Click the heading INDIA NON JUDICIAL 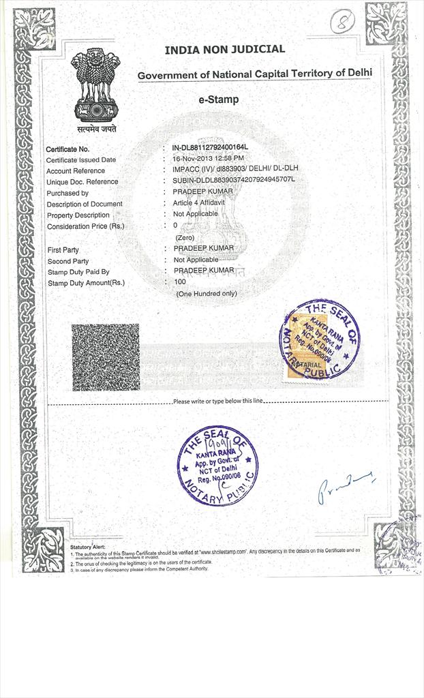(224, 50)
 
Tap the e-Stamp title (218, 100)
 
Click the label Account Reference (76, 171)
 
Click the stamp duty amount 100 (180, 282)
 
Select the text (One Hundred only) (207, 293)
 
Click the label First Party (63, 250)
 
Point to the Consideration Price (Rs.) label (85, 226)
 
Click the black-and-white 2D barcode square (106, 357)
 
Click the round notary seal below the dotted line (217, 465)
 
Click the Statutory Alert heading (88, 547)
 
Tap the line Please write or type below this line (217, 401)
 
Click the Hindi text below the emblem (96, 128)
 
